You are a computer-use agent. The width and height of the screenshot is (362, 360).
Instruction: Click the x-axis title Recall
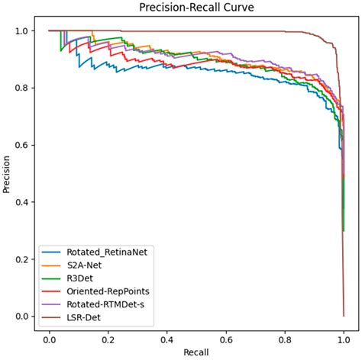(196, 353)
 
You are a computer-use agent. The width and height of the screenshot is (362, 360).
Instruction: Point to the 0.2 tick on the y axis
(27, 259)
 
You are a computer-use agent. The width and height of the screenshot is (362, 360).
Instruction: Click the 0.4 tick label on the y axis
(27, 202)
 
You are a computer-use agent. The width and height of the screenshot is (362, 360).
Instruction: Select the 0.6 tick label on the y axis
(27, 145)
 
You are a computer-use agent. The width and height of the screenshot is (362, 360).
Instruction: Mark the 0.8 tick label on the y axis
(27, 88)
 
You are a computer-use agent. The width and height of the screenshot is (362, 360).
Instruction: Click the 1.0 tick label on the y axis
(27, 31)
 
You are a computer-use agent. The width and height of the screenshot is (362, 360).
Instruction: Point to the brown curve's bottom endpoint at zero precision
(344, 316)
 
